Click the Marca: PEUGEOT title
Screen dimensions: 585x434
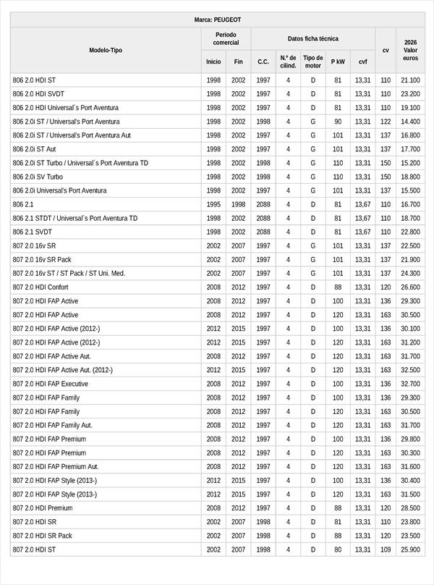tap(218, 20)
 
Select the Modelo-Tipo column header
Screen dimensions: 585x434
tap(106, 50)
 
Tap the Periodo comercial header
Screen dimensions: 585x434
tap(226, 38)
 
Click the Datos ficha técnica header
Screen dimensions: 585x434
tap(312, 38)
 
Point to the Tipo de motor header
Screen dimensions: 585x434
tap(312, 62)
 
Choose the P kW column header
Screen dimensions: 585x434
tap(338, 62)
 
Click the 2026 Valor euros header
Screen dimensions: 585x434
tap(410, 50)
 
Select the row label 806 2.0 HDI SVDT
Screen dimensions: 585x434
tap(38, 94)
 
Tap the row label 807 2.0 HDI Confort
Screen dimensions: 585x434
tap(41, 287)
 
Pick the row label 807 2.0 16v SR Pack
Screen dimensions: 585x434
tap(42, 259)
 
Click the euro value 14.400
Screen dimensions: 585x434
tap(410, 122)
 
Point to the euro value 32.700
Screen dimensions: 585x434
tap(410, 384)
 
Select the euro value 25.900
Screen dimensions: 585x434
tap(410, 550)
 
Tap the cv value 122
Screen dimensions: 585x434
tap(385, 122)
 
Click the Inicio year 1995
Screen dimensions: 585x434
tap(213, 204)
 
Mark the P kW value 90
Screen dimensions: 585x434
tap(338, 122)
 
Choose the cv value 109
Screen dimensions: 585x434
tap(385, 550)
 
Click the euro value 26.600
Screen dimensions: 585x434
tap(410, 287)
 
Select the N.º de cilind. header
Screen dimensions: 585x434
tap(288, 62)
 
